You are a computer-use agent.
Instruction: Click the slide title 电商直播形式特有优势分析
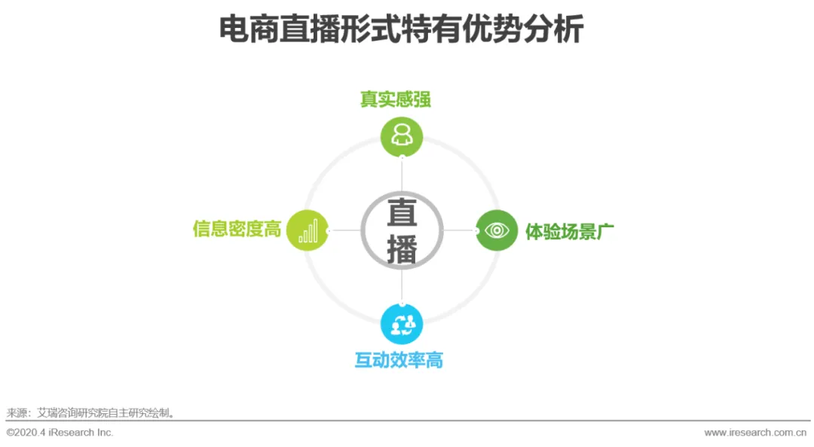tap(401, 31)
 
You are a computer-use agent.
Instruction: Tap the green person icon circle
tap(402, 136)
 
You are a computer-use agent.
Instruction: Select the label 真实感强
tap(396, 99)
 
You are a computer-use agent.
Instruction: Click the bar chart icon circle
tap(308, 230)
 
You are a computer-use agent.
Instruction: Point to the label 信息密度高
tap(237, 229)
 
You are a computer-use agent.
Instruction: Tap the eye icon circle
tap(497, 230)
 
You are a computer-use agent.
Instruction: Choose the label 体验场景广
tap(570, 231)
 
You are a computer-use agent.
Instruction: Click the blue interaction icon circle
tap(402, 324)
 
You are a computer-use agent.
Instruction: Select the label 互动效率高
tap(399, 360)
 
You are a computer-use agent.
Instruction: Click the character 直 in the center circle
tap(402, 214)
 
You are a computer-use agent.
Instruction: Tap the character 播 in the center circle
tap(402, 249)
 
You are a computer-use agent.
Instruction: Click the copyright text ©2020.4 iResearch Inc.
tap(60, 433)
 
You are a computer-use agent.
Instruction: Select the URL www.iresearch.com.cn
tap(755, 433)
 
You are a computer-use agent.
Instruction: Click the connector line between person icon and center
tap(402, 175)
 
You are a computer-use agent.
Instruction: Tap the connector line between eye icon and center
tap(459, 230)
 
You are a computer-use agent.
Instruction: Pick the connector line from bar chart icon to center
tap(344, 230)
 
